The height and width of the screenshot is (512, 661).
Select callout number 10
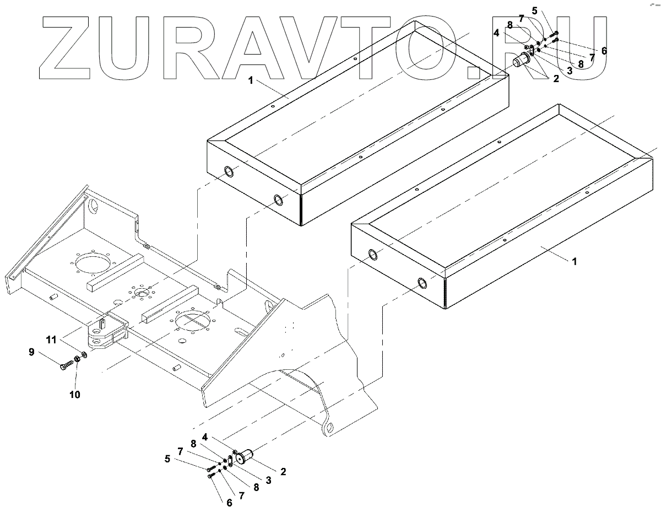point(74,394)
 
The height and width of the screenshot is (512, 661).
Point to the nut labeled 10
point(78,359)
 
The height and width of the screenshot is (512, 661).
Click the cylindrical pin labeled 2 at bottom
point(246,456)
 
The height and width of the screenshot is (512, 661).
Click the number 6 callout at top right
point(604,51)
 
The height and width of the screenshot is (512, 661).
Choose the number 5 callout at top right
point(534,10)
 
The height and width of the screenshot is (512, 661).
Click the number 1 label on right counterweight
point(574,262)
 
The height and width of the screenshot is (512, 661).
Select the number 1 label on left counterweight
point(250,81)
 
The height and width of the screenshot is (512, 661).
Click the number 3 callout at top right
point(570,71)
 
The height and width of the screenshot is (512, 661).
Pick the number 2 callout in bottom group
point(283,472)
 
